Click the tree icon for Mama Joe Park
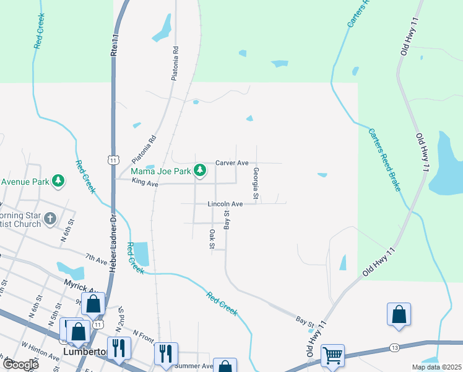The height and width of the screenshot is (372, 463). coord(199,169)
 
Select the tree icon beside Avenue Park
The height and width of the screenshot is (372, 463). coord(58,181)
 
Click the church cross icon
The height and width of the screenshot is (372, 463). coord(51,219)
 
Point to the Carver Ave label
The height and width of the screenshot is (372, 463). coord(231,163)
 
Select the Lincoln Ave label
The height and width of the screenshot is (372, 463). coord(225,204)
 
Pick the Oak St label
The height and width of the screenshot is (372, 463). coord(212,239)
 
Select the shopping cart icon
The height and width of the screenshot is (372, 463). coord(333,356)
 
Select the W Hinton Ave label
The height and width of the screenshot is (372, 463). coord(40,352)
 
